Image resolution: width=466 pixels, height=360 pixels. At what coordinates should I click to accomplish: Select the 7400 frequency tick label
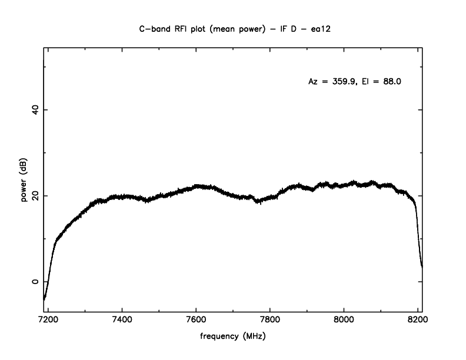pos(122,324)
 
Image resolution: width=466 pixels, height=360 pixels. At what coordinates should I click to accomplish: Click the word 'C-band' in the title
pos(155,28)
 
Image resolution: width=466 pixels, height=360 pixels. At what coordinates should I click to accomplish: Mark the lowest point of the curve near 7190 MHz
pos(44,299)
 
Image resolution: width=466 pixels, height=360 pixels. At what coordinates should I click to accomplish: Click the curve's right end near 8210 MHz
pos(422,266)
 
